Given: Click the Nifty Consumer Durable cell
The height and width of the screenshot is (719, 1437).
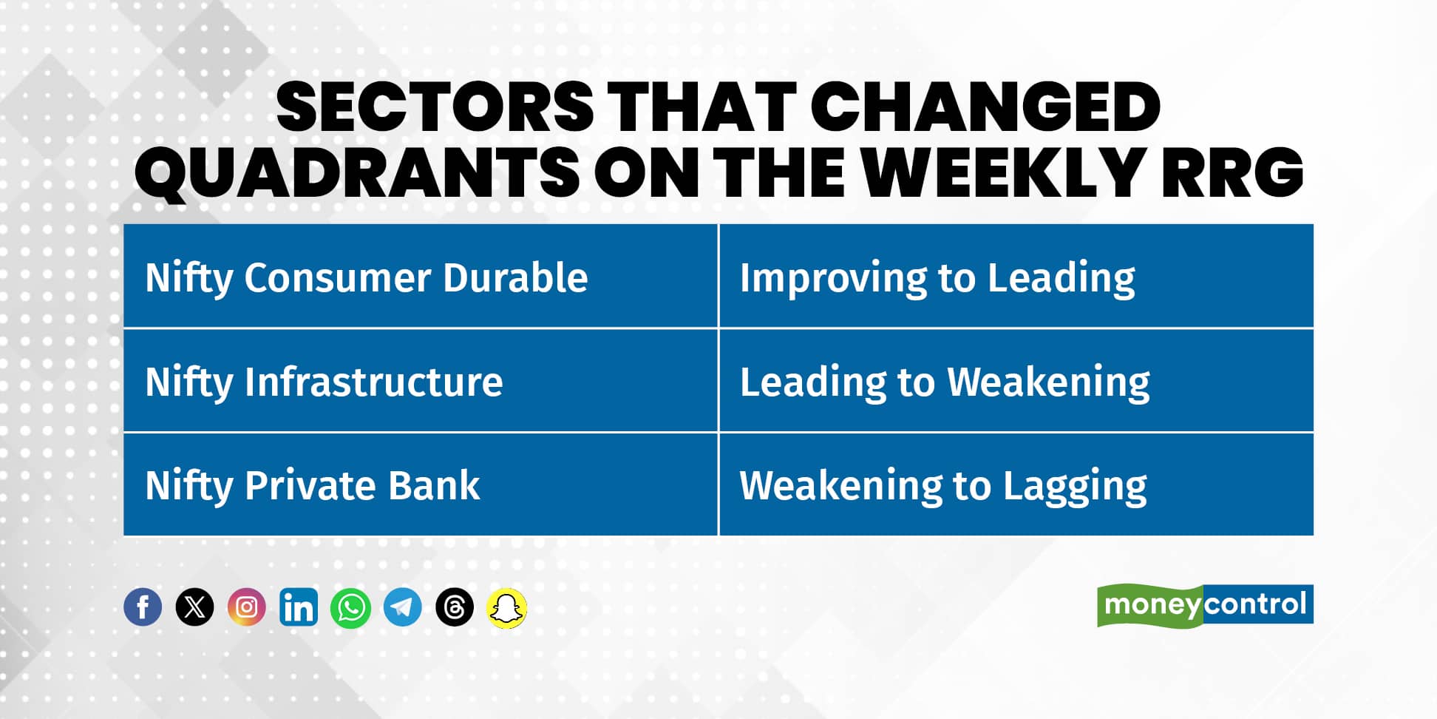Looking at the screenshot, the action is tap(421, 276).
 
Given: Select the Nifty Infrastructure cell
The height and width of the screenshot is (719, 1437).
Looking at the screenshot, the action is tap(421, 381).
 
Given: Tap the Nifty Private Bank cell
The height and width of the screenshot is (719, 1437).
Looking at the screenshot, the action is tap(421, 485).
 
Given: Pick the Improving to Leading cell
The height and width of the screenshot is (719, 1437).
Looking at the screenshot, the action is tap(1016, 276).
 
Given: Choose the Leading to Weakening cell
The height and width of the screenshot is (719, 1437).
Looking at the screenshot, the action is tap(1016, 381).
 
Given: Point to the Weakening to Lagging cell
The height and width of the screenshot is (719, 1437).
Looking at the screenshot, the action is tap(1016, 485).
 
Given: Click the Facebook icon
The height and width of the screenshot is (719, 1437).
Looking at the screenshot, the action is tap(143, 607).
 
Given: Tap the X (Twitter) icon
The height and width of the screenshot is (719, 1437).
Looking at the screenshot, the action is tap(194, 607).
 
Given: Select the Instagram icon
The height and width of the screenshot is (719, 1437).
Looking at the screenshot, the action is tap(246, 607).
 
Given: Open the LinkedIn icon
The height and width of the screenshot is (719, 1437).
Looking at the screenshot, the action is tap(299, 607).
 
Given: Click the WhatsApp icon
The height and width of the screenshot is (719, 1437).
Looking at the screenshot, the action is tap(350, 607).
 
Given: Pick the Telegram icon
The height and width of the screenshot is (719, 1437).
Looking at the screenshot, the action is tap(403, 607).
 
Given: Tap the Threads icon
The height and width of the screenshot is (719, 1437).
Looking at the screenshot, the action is tap(455, 607).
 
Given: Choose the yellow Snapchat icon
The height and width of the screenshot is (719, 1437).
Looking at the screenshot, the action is tap(507, 608).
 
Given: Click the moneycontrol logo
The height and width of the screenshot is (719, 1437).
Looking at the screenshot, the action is tap(1205, 605).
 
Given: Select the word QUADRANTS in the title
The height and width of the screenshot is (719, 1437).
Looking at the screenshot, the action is tap(356, 172).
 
